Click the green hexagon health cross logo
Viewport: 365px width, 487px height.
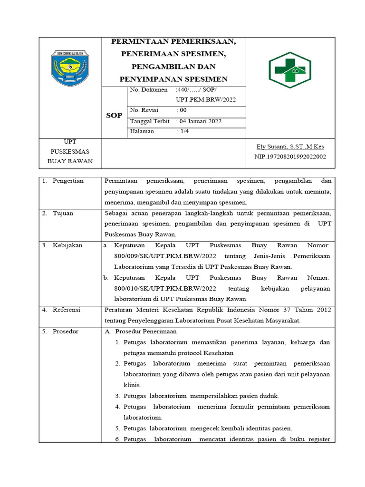coord(290,70)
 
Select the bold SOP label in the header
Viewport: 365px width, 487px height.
coord(114,116)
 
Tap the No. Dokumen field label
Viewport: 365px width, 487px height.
coord(149,89)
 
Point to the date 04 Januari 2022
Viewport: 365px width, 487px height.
coord(200,121)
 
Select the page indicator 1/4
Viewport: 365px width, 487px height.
coord(183,131)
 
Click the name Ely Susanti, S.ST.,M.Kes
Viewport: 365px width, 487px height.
coord(290,146)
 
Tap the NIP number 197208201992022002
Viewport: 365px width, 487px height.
coord(290,156)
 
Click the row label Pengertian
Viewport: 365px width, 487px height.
coord(68,181)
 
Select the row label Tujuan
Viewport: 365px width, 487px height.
coord(63,213)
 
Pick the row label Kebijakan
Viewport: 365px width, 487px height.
coord(67,245)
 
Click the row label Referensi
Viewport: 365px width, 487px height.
coord(67,310)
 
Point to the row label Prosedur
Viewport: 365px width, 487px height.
coord(66,331)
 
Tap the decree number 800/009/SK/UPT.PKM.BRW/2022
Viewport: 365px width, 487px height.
coord(165,256)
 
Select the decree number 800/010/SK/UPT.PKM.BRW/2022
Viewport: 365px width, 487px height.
coord(165,288)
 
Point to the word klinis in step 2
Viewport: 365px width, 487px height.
coord(132,385)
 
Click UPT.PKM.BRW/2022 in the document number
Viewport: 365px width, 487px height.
coord(205,99)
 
